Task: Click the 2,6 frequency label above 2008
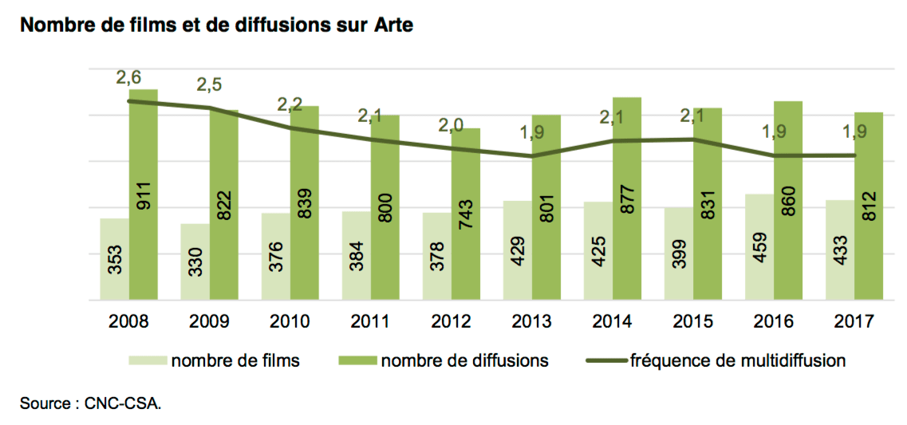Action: (x=129, y=77)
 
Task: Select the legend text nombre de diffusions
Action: (x=464, y=360)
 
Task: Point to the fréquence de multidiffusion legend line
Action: (x=605, y=360)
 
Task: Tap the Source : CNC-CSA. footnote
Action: (x=90, y=403)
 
